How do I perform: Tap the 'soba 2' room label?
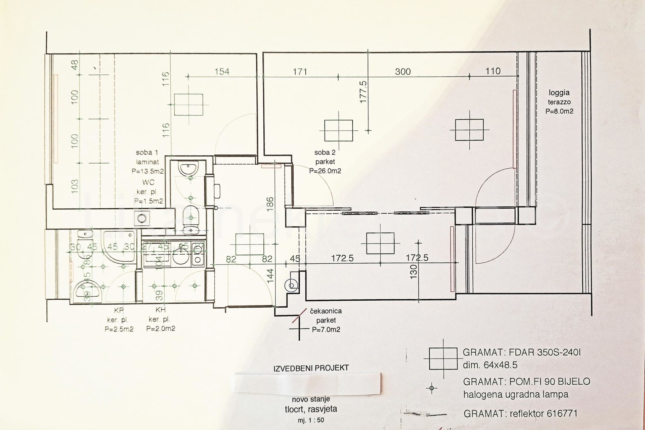click(x=325, y=153)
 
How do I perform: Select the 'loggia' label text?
click(x=559, y=93)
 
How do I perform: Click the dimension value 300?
click(x=403, y=72)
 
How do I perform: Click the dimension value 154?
click(x=222, y=72)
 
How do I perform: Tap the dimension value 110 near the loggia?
click(x=493, y=71)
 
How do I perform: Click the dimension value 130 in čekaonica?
click(x=414, y=271)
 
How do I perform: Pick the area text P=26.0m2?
click(x=325, y=171)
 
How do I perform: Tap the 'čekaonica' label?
click(x=326, y=311)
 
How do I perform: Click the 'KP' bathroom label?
click(x=119, y=310)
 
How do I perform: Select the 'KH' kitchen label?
click(x=161, y=310)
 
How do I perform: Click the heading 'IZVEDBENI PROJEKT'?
click(x=311, y=368)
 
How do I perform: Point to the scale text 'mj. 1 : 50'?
click(x=311, y=420)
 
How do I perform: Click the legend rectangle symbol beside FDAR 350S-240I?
click(x=443, y=359)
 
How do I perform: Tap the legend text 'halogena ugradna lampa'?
click(x=516, y=394)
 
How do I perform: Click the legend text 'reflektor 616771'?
click(x=543, y=414)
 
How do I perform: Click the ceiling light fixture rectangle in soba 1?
click(x=189, y=104)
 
